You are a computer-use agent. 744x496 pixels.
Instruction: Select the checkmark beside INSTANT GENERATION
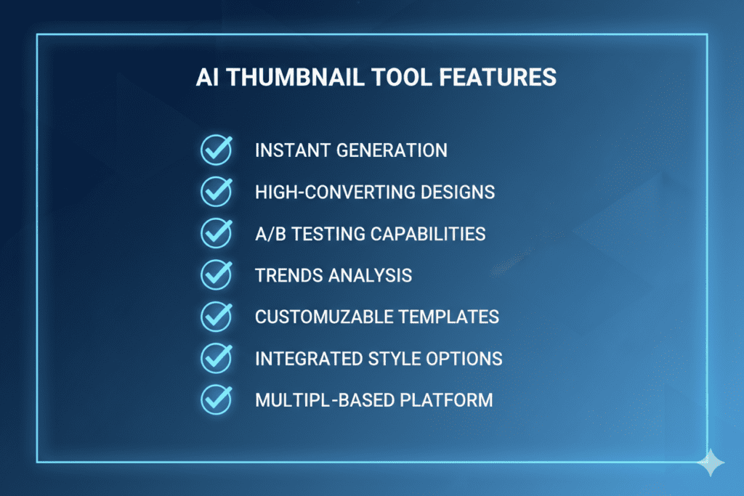pyautogui.click(x=216, y=150)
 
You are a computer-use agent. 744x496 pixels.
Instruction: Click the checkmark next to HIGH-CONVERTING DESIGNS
pyautogui.click(x=216, y=192)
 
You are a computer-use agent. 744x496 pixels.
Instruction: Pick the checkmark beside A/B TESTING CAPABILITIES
pyautogui.click(x=216, y=233)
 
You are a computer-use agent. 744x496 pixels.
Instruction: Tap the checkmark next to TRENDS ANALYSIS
pyautogui.click(x=216, y=275)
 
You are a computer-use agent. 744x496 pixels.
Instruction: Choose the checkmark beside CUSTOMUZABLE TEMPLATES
pyautogui.click(x=216, y=316)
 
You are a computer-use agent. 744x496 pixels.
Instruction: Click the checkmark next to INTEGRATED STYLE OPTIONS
pyautogui.click(x=216, y=357)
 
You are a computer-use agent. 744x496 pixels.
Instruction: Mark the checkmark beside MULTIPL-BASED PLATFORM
pyautogui.click(x=216, y=399)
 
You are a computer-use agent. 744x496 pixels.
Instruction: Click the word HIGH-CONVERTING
pyautogui.click(x=324, y=192)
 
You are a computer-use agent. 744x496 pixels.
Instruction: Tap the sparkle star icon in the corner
pyautogui.click(x=709, y=462)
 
